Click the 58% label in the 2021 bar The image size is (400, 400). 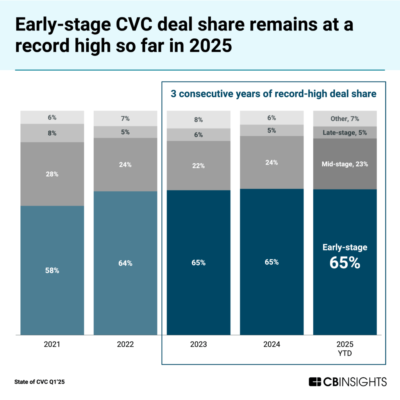pos(52,270)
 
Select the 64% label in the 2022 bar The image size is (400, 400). pos(125,263)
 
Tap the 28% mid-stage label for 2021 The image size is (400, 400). pos(52,174)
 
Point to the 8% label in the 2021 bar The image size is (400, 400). pos(52,133)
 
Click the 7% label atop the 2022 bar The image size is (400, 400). pos(125,118)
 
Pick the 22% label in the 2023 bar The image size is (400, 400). pos(198,166)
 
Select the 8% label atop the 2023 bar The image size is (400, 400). pos(198,120)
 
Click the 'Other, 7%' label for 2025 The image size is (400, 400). pos(345,119)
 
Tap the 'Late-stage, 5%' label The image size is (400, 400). pos(345,133)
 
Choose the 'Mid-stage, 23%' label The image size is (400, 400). pos(345,164)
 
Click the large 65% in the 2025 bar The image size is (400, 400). pos(345,263)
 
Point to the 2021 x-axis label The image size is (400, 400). pos(52,345)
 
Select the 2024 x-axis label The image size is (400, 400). pos(271,345)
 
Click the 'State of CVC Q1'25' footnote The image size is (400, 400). pos(39,382)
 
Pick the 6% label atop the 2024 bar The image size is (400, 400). pos(271,118)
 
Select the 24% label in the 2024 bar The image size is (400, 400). pos(271,162)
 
